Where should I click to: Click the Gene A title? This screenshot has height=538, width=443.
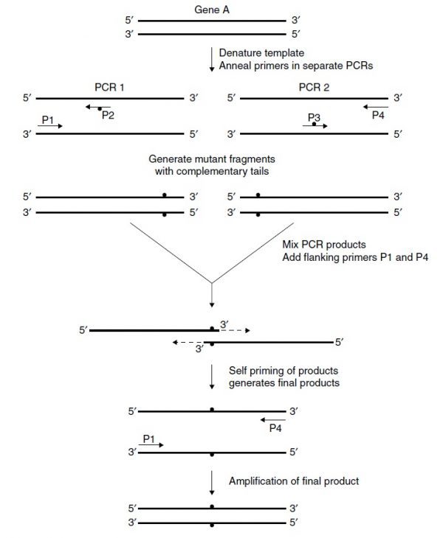[x=211, y=10]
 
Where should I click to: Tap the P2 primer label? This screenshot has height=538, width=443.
[x=108, y=115]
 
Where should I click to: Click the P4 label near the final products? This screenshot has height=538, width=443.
[x=276, y=427]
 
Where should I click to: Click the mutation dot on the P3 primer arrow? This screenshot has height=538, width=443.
[x=315, y=125]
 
